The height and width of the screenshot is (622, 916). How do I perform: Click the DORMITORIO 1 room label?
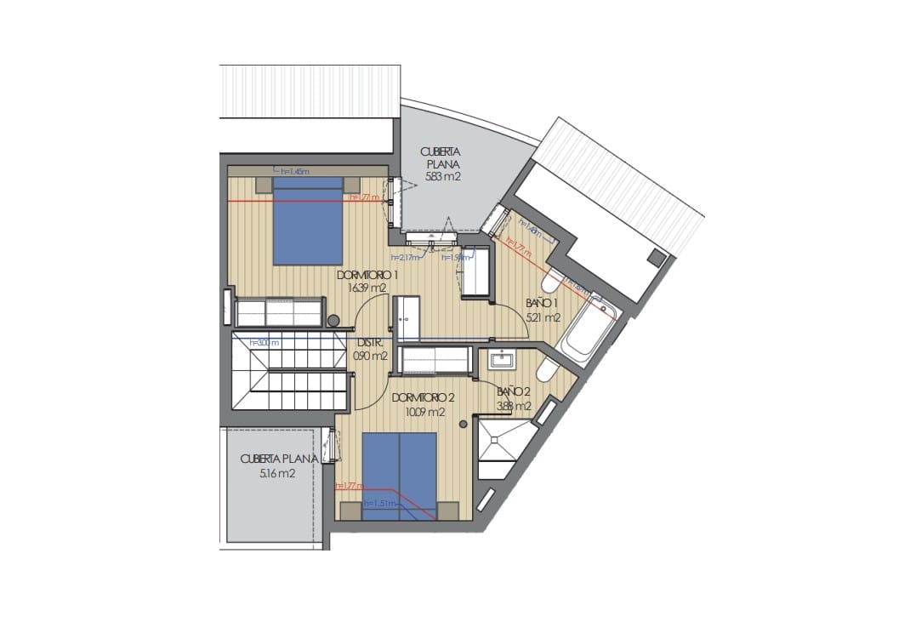point(368,275)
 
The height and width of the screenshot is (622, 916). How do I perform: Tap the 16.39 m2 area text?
point(367,288)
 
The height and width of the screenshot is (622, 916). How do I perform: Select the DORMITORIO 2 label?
point(424,398)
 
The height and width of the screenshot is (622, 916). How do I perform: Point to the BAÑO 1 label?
point(541,303)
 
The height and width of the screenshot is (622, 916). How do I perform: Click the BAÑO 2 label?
point(514,392)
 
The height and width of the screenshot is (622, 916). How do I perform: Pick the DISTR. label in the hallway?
point(370,344)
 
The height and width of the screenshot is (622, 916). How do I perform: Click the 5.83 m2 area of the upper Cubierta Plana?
point(443,178)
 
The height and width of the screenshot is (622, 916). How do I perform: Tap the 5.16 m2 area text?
point(277,473)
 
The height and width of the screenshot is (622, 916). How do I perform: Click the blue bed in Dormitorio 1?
point(308,221)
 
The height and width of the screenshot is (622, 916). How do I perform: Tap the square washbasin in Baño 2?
point(502,360)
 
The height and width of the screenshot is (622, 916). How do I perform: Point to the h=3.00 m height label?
point(265,343)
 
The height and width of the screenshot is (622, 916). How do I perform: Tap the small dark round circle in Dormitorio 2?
point(463,423)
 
